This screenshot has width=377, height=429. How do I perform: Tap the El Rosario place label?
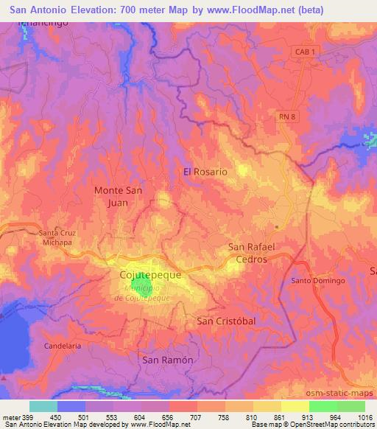pyautogui.click(x=205, y=171)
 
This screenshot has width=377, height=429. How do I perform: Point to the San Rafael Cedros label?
pyautogui.click(x=251, y=253)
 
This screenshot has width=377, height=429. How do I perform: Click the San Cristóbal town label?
pyautogui.click(x=225, y=321)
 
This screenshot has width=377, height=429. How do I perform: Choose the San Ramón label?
pyautogui.click(x=167, y=360)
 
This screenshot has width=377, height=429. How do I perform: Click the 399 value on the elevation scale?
pyautogui.click(x=21, y=417)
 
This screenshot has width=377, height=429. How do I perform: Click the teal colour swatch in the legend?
pyautogui.click(x=43, y=406)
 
